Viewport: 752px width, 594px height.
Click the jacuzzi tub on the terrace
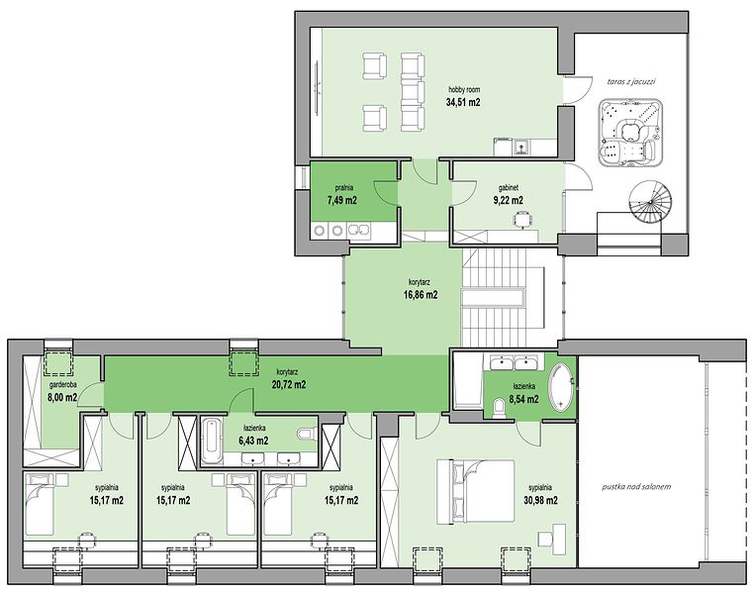[x=630, y=133]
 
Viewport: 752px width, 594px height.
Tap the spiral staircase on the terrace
[x=649, y=203]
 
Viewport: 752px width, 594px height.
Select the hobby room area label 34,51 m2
[x=463, y=102]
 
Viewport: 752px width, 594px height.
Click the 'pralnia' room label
[x=342, y=188]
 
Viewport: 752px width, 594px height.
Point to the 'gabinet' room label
[x=509, y=188]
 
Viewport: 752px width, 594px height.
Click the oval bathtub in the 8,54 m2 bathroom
[x=560, y=387]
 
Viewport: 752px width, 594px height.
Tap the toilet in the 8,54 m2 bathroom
[x=500, y=409]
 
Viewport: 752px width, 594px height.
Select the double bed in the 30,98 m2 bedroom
[x=475, y=492]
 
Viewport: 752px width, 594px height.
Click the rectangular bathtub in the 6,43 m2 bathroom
[x=210, y=442]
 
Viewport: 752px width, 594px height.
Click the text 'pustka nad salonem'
[x=636, y=486]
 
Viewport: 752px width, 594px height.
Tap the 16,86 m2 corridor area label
[x=421, y=295]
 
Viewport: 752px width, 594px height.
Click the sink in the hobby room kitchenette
[x=519, y=146]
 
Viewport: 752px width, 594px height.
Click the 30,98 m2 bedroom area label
[x=540, y=500]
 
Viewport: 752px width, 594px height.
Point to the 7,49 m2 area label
[x=342, y=200]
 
